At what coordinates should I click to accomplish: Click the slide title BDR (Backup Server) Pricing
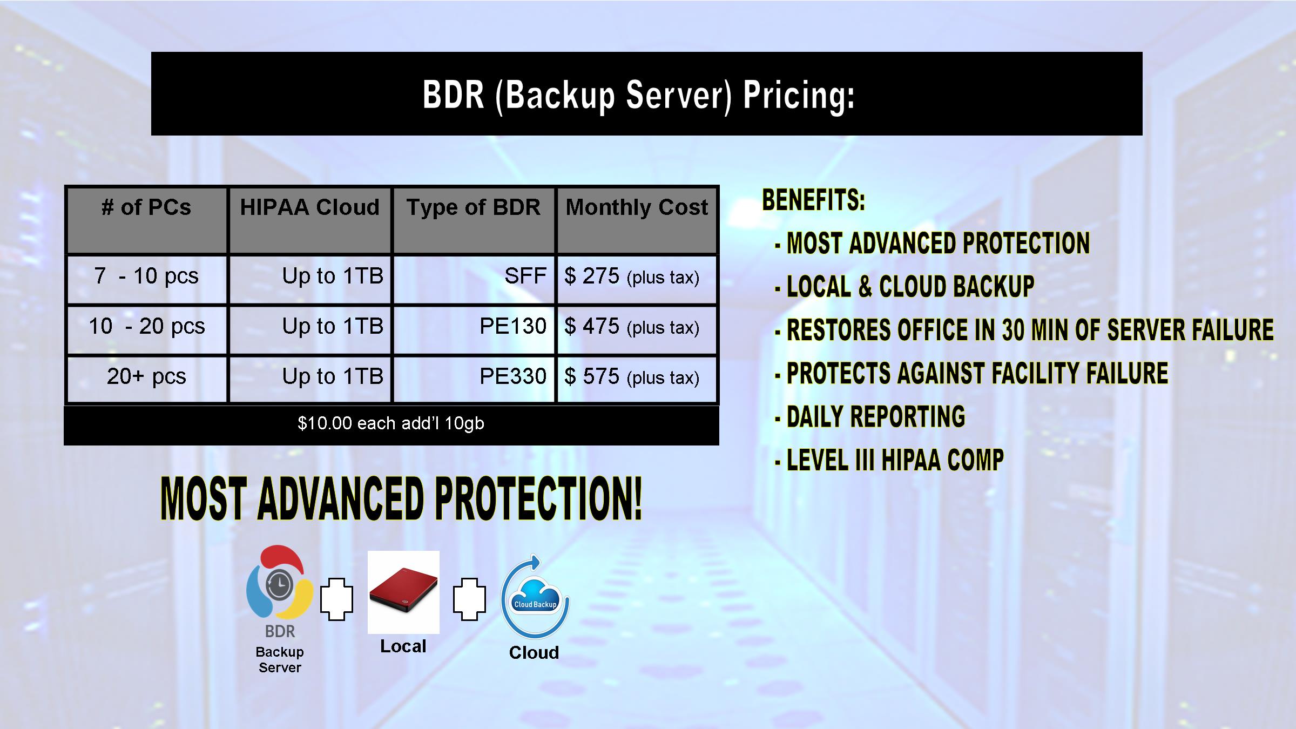[638, 95]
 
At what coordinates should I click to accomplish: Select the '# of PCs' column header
[146, 207]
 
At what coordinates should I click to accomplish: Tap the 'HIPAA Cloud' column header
[310, 207]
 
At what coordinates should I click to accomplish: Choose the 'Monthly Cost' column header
[637, 207]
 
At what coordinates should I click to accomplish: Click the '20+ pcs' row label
[146, 376]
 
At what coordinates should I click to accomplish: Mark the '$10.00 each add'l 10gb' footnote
[391, 423]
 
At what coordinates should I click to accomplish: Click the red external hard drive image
[403, 592]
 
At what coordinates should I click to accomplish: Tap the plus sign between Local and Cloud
[469, 599]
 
